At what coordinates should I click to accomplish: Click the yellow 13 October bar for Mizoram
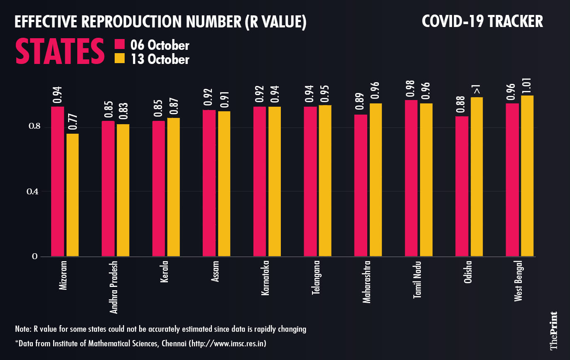(x=73, y=195)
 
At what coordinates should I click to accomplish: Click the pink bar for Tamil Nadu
(x=411, y=178)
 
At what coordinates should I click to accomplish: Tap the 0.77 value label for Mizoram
(x=73, y=122)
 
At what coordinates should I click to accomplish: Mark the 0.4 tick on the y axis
(x=32, y=191)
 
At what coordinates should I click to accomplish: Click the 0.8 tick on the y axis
(x=32, y=127)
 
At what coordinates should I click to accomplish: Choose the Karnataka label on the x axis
(x=265, y=278)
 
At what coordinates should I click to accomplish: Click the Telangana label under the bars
(x=316, y=278)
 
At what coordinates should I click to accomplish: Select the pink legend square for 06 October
(x=120, y=45)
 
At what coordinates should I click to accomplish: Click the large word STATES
(x=60, y=52)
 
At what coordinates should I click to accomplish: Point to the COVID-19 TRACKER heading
(x=482, y=22)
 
